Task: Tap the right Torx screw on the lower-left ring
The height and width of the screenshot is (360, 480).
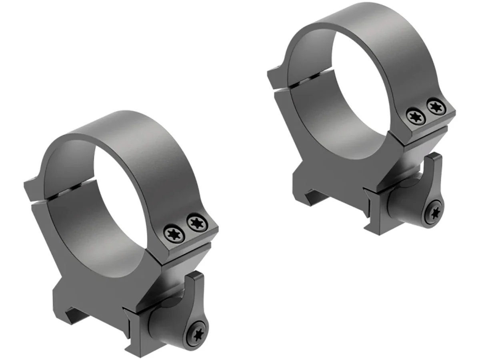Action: pyautogui.click(x=196, y=222)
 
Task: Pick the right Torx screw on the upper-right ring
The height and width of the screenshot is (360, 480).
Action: pyautogui.click(x=435, y=106)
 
